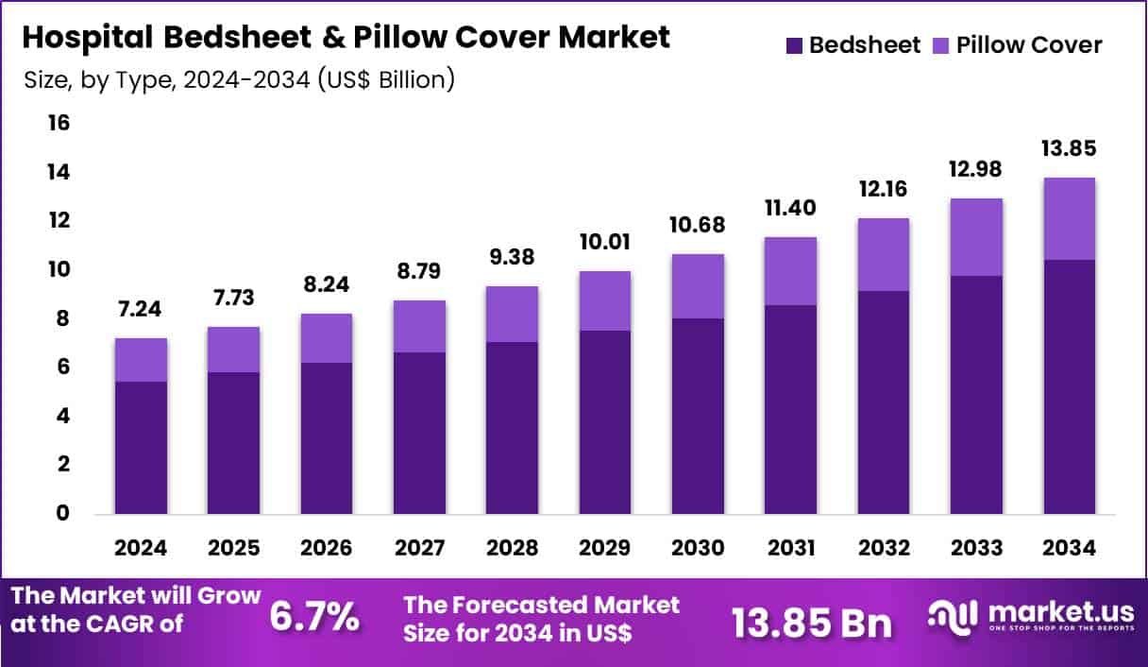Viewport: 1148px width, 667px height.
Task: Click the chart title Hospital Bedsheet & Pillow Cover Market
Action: point(346,38)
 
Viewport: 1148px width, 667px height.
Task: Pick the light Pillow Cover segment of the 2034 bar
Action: point(1069,218)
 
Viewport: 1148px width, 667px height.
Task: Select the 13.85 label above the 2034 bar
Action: point(1069,150)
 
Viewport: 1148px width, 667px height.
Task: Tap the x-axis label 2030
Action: point(698,549)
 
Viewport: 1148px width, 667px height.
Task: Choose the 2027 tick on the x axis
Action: point(419,549)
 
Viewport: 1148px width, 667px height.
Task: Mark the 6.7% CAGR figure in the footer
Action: point(314,618)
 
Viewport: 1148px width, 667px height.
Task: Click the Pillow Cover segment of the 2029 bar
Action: point(605,300)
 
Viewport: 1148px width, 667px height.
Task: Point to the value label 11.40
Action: point(790,208)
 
